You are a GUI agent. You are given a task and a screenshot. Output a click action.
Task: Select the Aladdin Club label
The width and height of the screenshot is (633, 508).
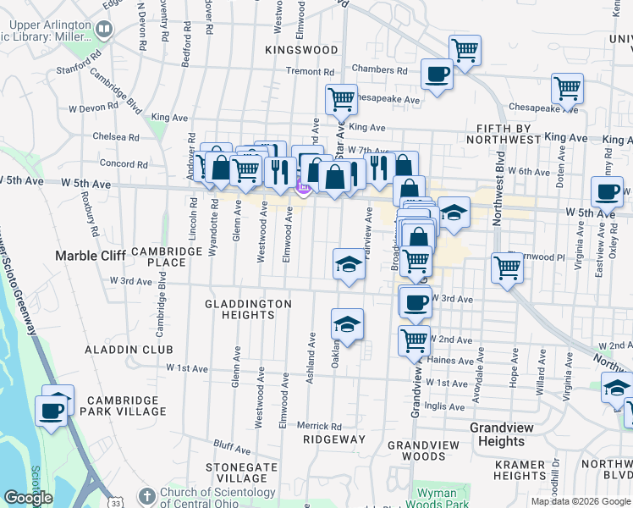(x=129, y=349)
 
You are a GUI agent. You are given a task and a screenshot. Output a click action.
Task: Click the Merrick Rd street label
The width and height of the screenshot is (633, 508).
(x=319, y=426)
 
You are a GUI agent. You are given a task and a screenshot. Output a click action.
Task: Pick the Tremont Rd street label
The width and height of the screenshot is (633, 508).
(x=311, y=72)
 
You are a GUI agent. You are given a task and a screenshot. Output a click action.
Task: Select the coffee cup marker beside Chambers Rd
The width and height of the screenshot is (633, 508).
(x=437, y=73)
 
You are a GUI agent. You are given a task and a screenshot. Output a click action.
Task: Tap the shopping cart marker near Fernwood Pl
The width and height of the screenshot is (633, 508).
(x=507, y=267)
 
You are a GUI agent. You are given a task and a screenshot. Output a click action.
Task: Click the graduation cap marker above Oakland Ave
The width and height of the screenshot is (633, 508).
(x=347, y=323)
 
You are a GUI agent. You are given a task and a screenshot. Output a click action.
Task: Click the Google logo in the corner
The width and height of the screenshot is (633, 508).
(x=29, y=498)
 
